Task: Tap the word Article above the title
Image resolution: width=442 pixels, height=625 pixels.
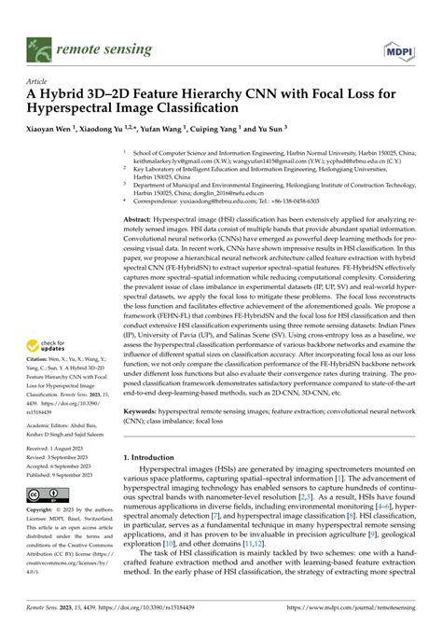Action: coord(41,81)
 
